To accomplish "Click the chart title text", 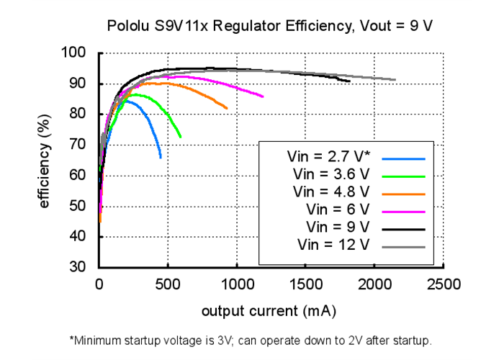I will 269,27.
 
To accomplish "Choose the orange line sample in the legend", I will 404,194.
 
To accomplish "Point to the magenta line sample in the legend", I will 404,211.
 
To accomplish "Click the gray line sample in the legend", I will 404,246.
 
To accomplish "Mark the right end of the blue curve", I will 160,157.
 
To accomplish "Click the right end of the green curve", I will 181,137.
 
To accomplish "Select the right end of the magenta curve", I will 263,96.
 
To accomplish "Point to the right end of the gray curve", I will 395,80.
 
